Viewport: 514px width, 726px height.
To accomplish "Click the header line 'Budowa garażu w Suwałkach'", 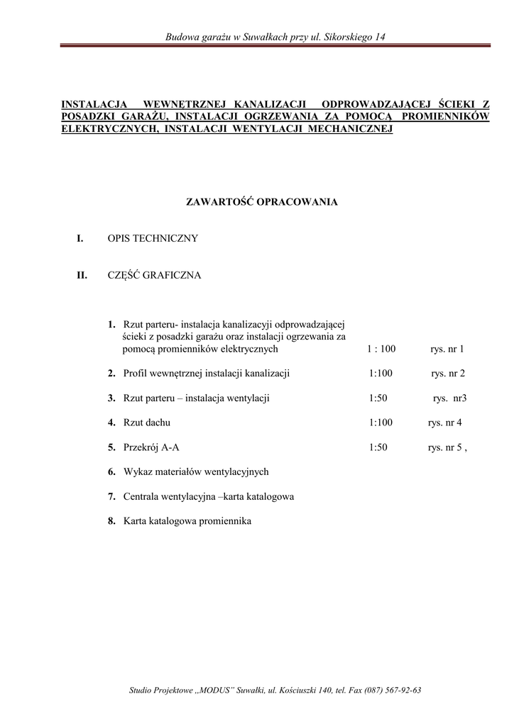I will click(275, 36).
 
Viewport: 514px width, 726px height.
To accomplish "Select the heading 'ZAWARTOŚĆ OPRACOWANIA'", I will click(262, 202).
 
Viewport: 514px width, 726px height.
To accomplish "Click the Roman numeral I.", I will click(80, 239).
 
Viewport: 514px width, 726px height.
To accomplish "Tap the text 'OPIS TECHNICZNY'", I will click(153, 239).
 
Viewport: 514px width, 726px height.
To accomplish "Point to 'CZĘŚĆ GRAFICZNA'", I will click(154, 275).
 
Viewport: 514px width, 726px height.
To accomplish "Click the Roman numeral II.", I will click(82, 275).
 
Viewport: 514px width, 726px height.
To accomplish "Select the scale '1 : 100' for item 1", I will click(381, 350).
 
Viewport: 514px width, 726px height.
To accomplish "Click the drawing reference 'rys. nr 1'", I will click(447, 350).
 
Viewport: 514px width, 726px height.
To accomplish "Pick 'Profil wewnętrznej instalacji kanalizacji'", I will click(206, 374).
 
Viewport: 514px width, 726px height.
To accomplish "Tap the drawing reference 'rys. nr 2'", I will click(448, 374).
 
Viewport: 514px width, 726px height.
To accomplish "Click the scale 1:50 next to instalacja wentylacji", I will click(378, 398).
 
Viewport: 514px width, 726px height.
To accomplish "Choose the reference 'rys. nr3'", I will click(449, 398).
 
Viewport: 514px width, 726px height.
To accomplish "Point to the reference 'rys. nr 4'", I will click(444, 423).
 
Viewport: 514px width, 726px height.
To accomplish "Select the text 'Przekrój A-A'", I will click(151, 447).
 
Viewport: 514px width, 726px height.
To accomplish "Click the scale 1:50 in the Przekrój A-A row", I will click(378, 447).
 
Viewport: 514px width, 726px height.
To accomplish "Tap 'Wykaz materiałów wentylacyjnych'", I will click(196, 471).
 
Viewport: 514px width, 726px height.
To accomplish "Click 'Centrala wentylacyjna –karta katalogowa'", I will click(208, 496).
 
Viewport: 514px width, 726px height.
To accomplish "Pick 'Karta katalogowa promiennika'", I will click(187, 521).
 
